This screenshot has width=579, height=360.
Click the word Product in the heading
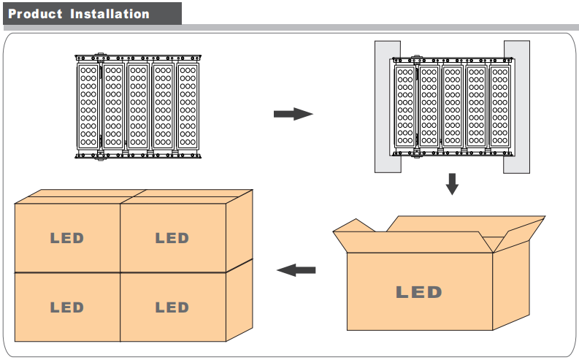coord(35,14)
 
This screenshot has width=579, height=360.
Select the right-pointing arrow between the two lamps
coord(293,114)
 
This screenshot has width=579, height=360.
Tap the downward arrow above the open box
coord(452,183)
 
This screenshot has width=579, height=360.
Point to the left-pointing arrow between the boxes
coord(296,270)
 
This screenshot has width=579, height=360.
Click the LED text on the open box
coord(418,293)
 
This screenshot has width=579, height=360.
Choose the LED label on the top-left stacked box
coord(66,238)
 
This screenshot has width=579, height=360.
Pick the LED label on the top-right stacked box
coord(172,238)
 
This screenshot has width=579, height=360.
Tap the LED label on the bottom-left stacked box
coord(66,307)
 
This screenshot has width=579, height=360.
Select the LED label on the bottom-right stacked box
coord(172,307)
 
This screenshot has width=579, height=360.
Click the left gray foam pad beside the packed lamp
coord(388,107)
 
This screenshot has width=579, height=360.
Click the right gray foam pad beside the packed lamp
coord(516,107)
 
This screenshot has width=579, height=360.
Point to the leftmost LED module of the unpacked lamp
coord(88,107)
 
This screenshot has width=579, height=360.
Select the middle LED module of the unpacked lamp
coord(137,107)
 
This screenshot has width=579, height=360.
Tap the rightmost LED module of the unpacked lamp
coord(187,107)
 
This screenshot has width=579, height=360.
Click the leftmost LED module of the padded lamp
coord(405,107)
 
